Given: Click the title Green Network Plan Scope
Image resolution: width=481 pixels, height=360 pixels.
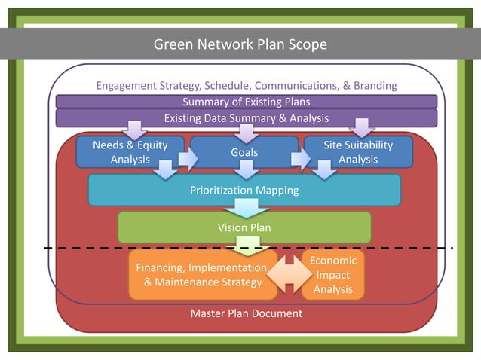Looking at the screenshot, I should [x=240, y=44].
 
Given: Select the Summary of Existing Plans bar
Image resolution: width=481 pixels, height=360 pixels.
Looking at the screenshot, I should [x=246, y=102].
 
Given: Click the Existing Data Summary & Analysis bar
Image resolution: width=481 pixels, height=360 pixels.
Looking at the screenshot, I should [x=246, y=118].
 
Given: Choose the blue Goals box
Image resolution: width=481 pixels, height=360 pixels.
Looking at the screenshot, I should [x=244, y=152].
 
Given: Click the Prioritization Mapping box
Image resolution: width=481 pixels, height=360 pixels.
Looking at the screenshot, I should [x=244, y=190].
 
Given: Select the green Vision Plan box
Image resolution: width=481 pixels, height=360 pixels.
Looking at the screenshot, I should [x=244, y=227].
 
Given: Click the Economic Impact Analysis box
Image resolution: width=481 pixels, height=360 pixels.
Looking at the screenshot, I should [x=333, y=274].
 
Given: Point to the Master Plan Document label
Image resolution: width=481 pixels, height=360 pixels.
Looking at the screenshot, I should [x=247, y=313].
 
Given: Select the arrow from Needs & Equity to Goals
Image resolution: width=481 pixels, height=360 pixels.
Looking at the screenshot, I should [x=186, y=159].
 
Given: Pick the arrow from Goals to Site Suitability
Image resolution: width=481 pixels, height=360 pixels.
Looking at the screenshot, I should [x=301, y=159].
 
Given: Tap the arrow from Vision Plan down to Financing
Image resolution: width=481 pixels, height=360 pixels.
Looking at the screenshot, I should [x=247, y=246].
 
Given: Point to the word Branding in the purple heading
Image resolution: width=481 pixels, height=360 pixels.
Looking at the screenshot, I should [x=370, y=86].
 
